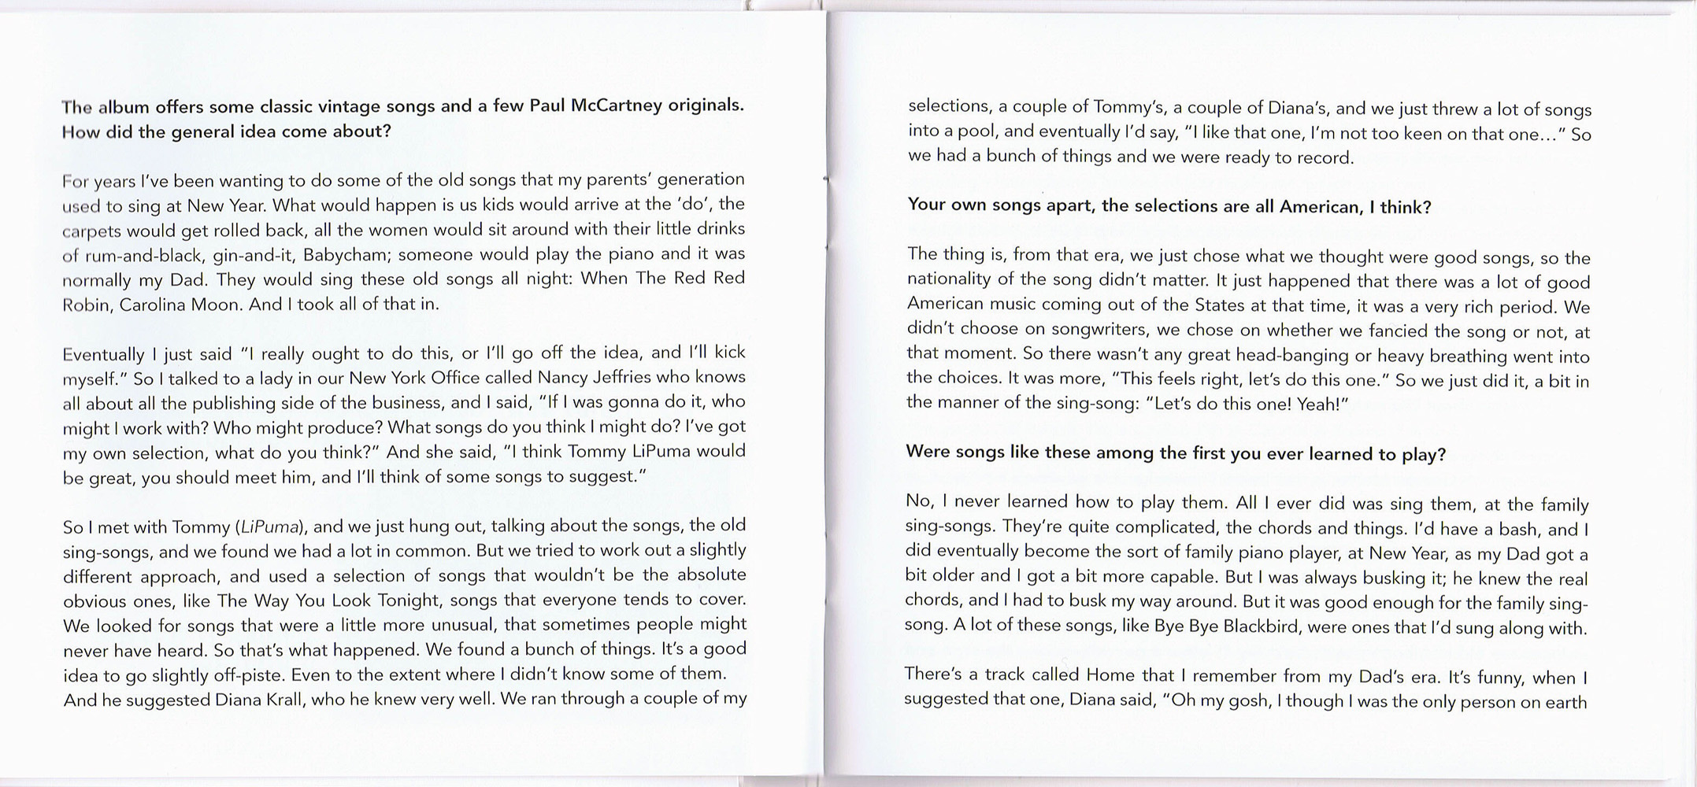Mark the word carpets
(x=91, y=231)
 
